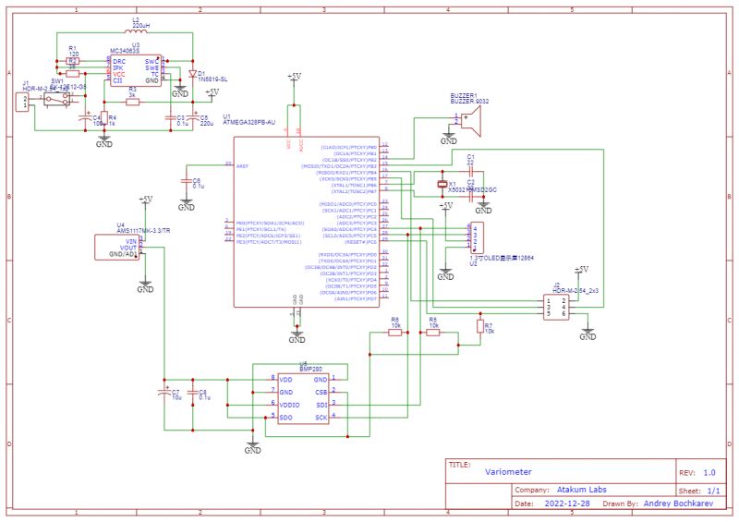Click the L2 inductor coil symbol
click(x=136, y=30)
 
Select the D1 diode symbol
click(x=192, y=72)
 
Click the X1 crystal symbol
click(x=442, y=185)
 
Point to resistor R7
click(x=479, y=325)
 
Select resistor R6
click(x=395, y=333)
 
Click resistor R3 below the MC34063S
click(x=133, y=102)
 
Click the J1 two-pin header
click(x=21, y=102)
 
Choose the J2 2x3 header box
click(x=558, y=305)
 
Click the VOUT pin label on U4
click(x=127, y=249)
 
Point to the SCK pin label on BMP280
click(x=321, y=418)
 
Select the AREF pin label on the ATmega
click(x=243, y=166)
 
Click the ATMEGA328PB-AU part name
click(x=249, y=121)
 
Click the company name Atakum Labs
click(x=582, y=490)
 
